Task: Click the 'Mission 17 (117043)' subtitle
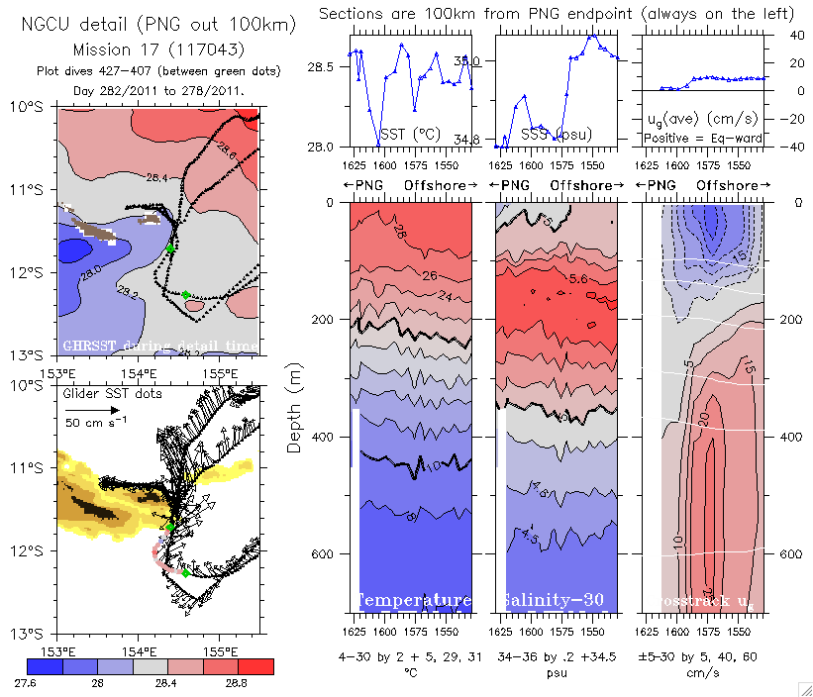click(x=158, y=49)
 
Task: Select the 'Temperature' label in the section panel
click(x=413, y=601)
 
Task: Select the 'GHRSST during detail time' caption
click(x=159, y=345)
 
